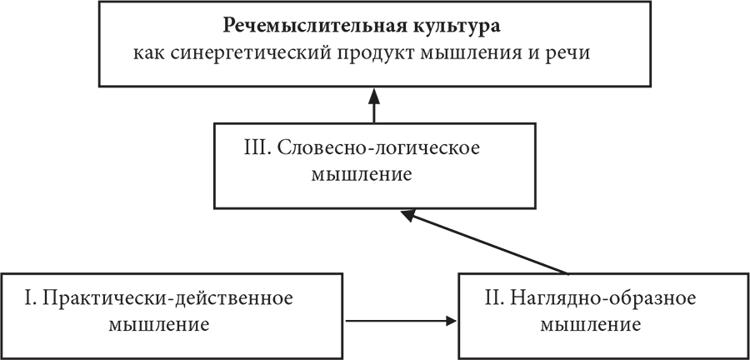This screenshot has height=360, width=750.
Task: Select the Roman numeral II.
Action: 492,297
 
